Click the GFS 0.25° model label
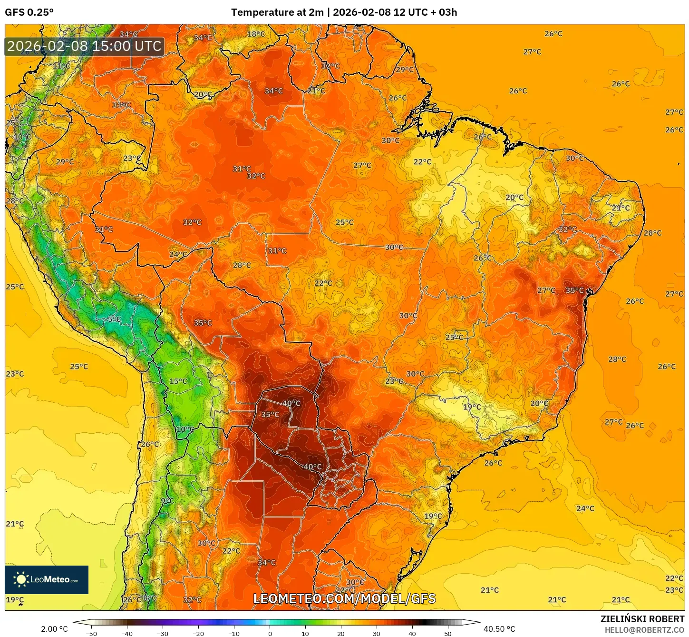29,12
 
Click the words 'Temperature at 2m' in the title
277,12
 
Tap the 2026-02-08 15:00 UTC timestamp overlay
84,46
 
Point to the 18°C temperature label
256,34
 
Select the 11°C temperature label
61,66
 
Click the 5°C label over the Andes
114,319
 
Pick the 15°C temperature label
178,381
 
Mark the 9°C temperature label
167,501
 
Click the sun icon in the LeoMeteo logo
21,579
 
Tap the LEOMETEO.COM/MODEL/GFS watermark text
344,598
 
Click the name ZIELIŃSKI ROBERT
642,619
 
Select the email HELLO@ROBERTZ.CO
644,630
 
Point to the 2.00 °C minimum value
54,629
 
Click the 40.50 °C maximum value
499,629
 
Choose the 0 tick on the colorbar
270,634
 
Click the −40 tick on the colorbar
126,634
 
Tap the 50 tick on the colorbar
448,634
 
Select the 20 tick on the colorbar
341,634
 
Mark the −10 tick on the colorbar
233,634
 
